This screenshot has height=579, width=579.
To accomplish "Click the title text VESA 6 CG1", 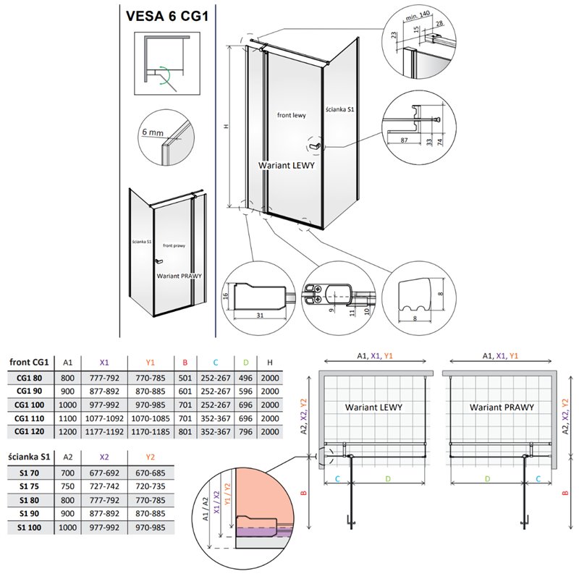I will [169, 17].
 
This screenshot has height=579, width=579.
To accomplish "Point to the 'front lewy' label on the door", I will [292, 114].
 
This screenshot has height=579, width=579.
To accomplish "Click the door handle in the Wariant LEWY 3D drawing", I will [315, 148].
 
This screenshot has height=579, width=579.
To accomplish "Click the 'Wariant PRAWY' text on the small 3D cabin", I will [179, 276].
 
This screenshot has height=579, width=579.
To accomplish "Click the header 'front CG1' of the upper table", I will [29, 361].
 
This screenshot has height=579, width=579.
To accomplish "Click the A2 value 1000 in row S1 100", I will [67, 528].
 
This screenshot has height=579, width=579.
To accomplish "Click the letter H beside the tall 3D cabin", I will [226, 127].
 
